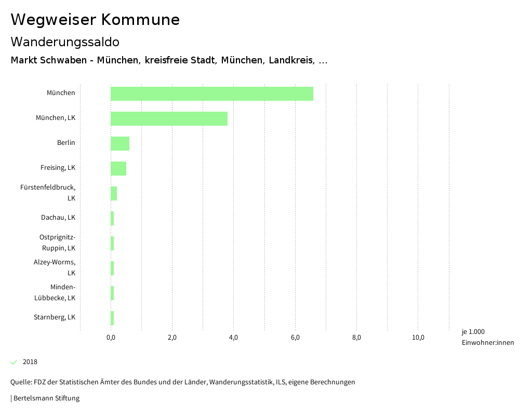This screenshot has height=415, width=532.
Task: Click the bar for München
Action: click(x=212, y=93)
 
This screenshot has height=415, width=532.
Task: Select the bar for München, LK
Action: click(x=169, y=118)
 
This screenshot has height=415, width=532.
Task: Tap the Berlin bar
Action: click(x=120, y=143)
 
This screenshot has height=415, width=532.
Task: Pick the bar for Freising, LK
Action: click(x=118, y=168)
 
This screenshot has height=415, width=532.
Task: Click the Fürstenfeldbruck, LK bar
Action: click(x=114, y=193)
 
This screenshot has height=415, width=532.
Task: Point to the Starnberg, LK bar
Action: click(x=112, y=318)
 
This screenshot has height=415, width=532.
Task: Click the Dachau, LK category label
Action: click(x=58, y=218)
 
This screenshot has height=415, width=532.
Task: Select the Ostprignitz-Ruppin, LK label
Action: click(x=57, y=243)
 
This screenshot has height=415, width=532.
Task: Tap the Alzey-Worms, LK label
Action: click(x=55, y=267)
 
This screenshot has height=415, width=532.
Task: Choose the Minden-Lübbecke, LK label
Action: click(x=55, y=292)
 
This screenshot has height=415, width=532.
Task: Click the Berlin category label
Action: click(x=66, y=143)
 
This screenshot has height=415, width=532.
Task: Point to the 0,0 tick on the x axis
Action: click(x=111, y=338)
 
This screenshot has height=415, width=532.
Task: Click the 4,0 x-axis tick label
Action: click(x=233, y=338)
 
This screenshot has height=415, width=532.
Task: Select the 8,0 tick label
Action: click(x=356, y=338)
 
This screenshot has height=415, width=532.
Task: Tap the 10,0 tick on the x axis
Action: click(x=418, y=338)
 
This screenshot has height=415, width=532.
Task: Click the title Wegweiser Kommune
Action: click(x=95, y=20)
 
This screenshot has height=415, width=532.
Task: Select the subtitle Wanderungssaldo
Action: click(x=65, y=42)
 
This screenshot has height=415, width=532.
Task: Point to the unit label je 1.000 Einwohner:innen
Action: click(x=487, y=337)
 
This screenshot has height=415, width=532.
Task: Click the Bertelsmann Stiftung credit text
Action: click(x=46, y=398)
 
